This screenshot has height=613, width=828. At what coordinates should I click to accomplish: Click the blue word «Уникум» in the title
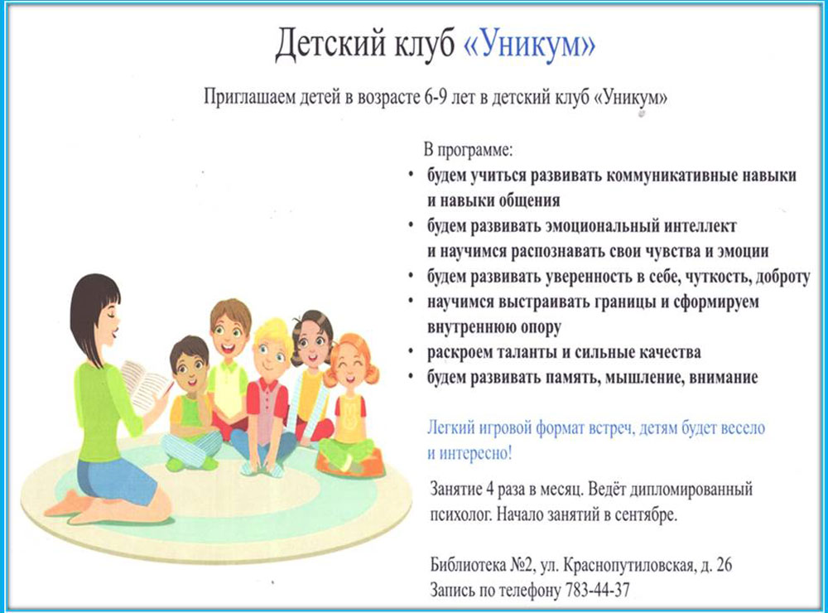[530, 45]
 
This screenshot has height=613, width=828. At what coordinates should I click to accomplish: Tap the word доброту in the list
[783, 278]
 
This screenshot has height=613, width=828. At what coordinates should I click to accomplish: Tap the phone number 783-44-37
[597, 590]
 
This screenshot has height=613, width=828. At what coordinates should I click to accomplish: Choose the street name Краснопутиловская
[628, 566]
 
